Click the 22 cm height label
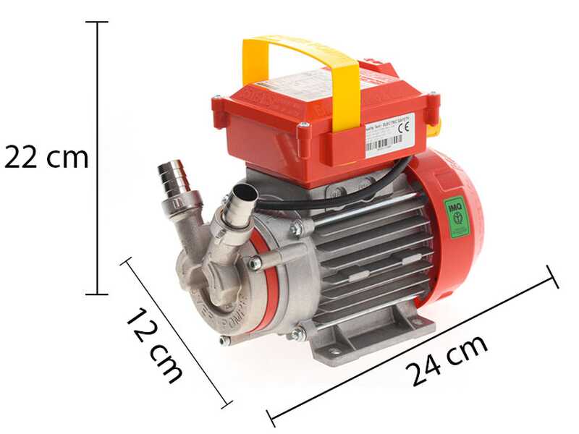coord(46,157)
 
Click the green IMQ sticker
coord(456,216)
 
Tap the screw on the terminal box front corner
coord(303,129)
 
